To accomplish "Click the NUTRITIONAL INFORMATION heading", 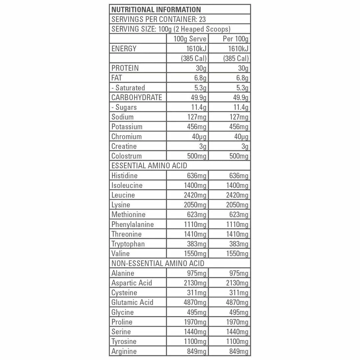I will point(156,9).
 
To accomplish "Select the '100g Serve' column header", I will point(190,39).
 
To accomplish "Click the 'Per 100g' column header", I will point(235,39).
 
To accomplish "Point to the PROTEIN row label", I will point(125,68).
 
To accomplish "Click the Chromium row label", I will point(127,137).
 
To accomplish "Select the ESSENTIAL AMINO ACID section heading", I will point(149,166).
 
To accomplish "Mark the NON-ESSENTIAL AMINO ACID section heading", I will point(158,263).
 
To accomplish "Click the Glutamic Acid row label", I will point(132,302).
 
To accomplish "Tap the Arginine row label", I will point(124,351).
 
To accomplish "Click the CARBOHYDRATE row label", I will point(137,97).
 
